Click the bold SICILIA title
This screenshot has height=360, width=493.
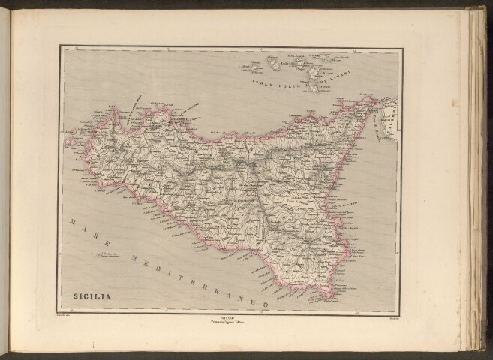coord(92,295)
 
